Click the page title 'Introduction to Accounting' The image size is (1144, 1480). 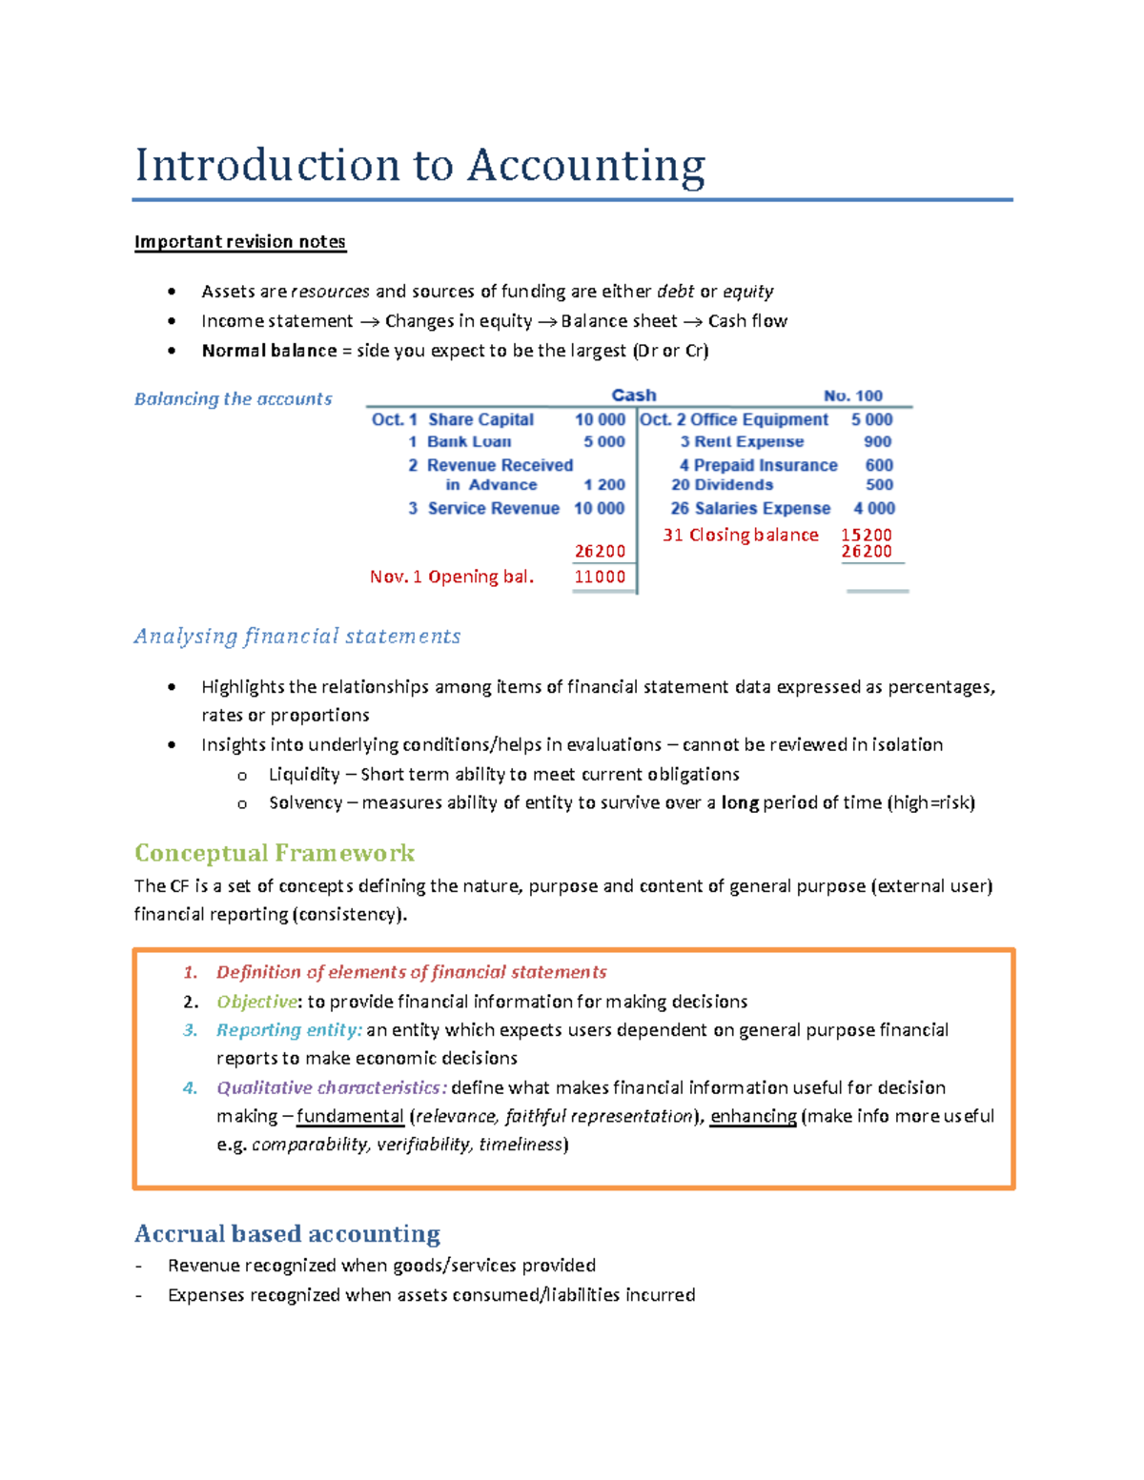point(419,166)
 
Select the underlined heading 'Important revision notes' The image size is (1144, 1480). point(239,242)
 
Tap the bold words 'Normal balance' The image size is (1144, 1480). point(269,351)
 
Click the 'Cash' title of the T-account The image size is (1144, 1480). point(633,395)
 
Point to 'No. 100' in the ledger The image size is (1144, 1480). point(852,395)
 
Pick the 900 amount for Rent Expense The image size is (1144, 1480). point(877,442)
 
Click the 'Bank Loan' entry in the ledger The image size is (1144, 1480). point(468,442)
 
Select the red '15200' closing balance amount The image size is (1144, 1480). point(866,535)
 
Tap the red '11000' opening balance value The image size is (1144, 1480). point(600,577)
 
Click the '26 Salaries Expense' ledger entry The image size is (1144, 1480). point(750,509)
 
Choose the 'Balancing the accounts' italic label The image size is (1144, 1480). point(233,399)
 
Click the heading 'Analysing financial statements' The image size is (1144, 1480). point(296,637)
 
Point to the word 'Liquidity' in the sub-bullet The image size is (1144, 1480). point(304,774)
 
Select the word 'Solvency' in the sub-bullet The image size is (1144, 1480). point(305,802)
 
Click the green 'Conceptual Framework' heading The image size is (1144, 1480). point(275,853)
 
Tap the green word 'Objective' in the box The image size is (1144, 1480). point(256,1002)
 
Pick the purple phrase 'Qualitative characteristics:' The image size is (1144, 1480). point(331,1087)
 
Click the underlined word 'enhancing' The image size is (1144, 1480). point(753,1116)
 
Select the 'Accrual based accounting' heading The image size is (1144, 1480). point(287,1234)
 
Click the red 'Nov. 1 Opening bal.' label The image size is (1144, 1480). point(451,577)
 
